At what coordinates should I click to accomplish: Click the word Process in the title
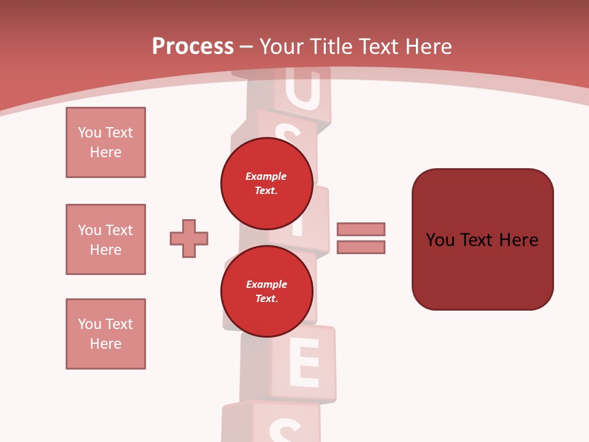pyautogui.click(x=193, y=47)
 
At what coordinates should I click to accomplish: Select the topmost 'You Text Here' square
pyautogui.click(x=106, y=142)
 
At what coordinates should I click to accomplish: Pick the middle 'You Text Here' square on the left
pyautogui.click(x=106, y=239)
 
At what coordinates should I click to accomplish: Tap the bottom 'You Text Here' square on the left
pyautogui.click(x=106, y=334)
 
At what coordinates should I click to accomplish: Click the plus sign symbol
pyautogui.click(x=189, y=238)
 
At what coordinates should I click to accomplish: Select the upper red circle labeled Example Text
pyautogui.click(x=266, y=183)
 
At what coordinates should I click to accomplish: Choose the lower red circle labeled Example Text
pyautogui.click(x=266, y=291)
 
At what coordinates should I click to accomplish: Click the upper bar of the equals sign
pyautogui.click(x=361, y=229)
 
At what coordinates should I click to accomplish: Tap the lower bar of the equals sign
pyautogui.click(x=361, y=247)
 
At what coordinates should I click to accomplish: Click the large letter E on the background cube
pyautogui.click(x=304, y=366)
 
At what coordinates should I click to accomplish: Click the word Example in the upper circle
pyautogui.click(x=266, y=176)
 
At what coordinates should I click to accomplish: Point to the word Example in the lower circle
pyautogui.click(x=266, y=284)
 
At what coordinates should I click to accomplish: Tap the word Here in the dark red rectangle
pyautogui.click(x=518, y=240)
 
